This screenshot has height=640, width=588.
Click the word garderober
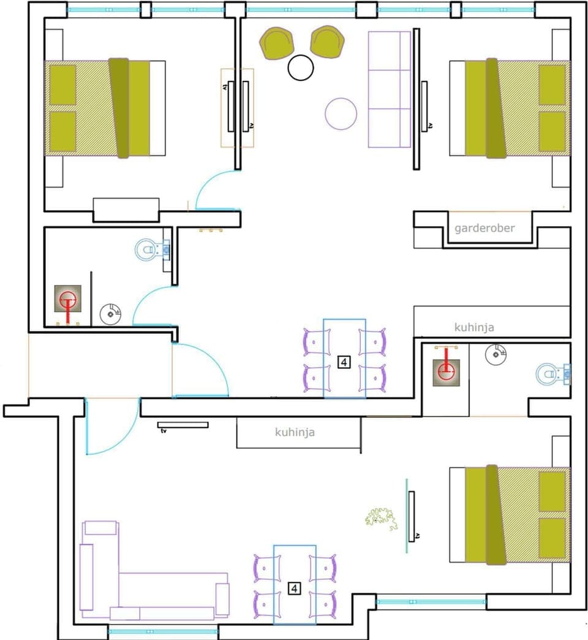484,228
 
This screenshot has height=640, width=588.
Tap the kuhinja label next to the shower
474,327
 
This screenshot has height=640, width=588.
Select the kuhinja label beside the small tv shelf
295,432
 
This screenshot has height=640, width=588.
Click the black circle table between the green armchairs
301,67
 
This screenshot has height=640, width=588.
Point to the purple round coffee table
341,113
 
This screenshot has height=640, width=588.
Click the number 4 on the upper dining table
344,362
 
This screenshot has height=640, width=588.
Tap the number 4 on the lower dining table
295,589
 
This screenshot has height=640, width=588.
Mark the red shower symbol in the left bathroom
67,300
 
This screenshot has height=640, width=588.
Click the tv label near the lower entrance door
164,432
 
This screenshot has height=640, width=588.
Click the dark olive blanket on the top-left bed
119,108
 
